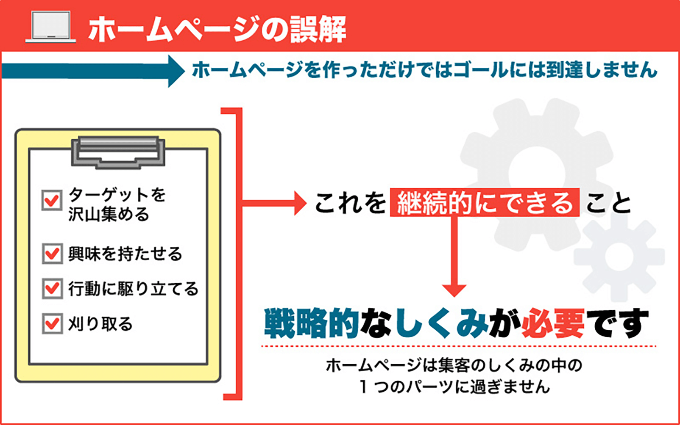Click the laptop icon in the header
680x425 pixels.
[50, 27]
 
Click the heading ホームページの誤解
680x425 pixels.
[217, 29]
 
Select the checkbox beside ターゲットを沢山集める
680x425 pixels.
[52, 200]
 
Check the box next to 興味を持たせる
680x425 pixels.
[52, 254]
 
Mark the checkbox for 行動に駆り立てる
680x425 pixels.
[52, 289]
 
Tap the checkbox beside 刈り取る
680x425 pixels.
[52, 324]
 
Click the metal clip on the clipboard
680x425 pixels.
[118, 152]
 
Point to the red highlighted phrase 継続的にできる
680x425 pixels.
[485, 203]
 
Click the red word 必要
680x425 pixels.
[553, 324]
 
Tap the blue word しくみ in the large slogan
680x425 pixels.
[441, 324]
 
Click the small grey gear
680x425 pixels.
[619, 256]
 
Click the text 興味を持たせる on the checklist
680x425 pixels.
[125, 254]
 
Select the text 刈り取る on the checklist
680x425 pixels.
[100, 324]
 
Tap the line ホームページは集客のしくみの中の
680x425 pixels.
[454, 365]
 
